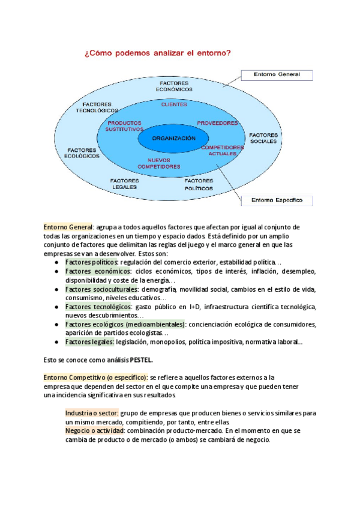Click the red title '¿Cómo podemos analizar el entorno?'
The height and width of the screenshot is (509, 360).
pyautogui.click(x=158, y=53)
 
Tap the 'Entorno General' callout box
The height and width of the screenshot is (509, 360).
pyautogui.click(x=277, y=75)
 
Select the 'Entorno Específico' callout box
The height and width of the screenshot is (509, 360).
pyautogui.click(x=277, y=200)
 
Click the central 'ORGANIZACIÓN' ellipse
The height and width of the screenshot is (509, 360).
pyautogui.click(x=174, y=139)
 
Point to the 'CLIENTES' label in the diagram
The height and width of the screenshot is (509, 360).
pyautogui.click(x=174, y=104)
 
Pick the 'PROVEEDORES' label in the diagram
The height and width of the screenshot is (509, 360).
pyautogui.click(x=217, y=123)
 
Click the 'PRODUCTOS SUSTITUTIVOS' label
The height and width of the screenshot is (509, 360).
pyautogui.click(x=124, y=126)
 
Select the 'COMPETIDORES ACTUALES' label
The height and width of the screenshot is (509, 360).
pyautogui.click(x=223, y=150)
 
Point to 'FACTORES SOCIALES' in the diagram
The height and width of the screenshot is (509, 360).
pyautogui.click(x=263, y=138)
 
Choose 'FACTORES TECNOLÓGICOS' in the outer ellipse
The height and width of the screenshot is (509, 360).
pyautogui.click(x=97, y=107)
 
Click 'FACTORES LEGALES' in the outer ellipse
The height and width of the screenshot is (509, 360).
pyautogui.click(x=125, y=184)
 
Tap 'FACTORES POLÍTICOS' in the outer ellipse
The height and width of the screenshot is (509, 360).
pyautogui.click(x=199, y=184)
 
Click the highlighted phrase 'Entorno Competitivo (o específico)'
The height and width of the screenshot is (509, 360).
pyautogui.click(x=95, y=377)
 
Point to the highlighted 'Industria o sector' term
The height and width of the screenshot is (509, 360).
pyautogui.click(x=92, y=413)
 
